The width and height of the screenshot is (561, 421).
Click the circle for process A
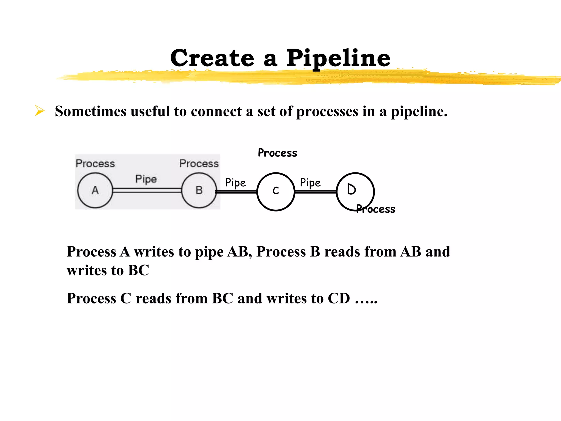click(x=95, y=190)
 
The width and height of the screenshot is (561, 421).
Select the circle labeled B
click(x=199, y=190)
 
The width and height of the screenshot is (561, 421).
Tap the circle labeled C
click(x=276, y=192)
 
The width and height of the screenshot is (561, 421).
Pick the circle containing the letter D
click(x=355, y=192)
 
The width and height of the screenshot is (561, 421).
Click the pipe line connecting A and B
click(x=147, y=190)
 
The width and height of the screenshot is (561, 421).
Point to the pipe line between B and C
click(x=236, y=192)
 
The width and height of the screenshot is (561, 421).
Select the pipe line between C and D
click(x=316, y=192)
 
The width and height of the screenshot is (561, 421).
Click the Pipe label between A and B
click(x=146, y=179)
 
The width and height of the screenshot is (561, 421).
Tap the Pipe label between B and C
click(x=236, y=183)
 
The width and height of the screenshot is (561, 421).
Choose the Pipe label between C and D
click(x=310, y=183)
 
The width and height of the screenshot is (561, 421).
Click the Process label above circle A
click(x=95, y=164)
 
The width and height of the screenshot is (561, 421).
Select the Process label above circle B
click(x=199, y=164)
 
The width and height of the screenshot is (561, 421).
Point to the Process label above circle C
click(x=277, y=153)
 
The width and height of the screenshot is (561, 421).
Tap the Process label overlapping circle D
click(x=376, y=209)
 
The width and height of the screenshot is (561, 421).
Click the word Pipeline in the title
click(x=339, y=58)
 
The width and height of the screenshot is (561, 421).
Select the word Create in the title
click(x=212, y=58)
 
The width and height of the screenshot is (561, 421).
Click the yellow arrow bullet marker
click(x=40, y=111)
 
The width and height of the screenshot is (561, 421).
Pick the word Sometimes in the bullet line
click(x=91, y=111)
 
